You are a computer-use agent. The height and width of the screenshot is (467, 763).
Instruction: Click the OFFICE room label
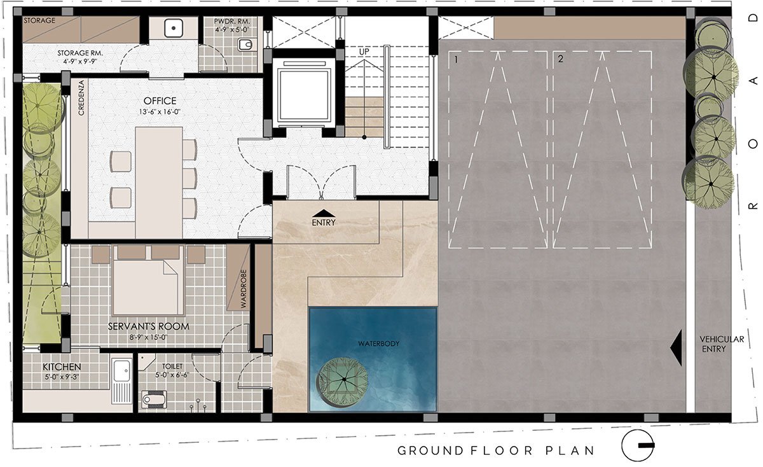point(160,101)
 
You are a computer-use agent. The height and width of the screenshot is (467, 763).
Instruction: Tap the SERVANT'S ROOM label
point(149,326)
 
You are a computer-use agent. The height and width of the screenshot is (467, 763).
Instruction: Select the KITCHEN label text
point(62,366)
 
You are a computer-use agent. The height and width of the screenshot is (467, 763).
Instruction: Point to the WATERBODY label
point(378,344)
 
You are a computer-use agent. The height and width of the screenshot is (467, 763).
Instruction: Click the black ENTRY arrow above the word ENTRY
point(324,213)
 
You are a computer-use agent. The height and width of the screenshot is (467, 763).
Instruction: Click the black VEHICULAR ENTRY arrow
point(676,347)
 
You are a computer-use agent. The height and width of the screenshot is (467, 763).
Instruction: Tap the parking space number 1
point(456,60)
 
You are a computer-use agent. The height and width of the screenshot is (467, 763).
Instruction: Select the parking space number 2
point(560,59)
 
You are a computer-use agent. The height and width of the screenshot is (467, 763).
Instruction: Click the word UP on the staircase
point(364,52)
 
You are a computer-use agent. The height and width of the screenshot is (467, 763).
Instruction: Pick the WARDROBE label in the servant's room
point(243,289)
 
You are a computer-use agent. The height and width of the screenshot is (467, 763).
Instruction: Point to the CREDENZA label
point(81,98)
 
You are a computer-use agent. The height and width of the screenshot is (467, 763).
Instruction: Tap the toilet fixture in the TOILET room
point(154,399)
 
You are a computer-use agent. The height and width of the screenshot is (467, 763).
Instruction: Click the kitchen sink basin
point(121,370)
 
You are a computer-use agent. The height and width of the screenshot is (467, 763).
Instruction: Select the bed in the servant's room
point(149,280)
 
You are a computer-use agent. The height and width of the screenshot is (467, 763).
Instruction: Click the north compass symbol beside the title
point(638,445)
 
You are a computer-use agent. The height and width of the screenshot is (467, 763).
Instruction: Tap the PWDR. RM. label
point(231,22)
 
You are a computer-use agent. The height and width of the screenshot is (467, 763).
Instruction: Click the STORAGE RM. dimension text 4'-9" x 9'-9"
point(80,62)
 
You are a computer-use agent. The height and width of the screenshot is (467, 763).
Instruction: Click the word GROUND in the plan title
point(430,450)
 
